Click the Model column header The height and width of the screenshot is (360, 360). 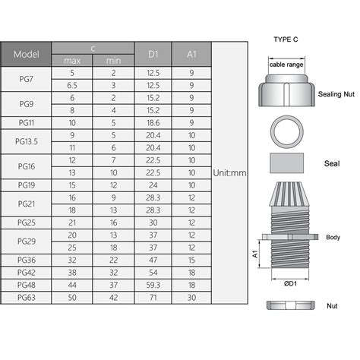point(27,53)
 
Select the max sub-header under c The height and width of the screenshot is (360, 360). point(72,59)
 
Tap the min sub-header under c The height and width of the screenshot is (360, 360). point(113,59)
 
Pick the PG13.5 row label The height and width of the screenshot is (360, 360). point(27,141)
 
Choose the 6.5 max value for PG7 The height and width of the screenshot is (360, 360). point(72,86)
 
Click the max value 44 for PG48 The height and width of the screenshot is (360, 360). point(72,285)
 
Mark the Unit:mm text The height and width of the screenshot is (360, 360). point(230,173)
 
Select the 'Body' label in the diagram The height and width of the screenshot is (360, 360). point(333,236)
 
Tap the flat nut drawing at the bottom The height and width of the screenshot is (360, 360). point(288,306)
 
